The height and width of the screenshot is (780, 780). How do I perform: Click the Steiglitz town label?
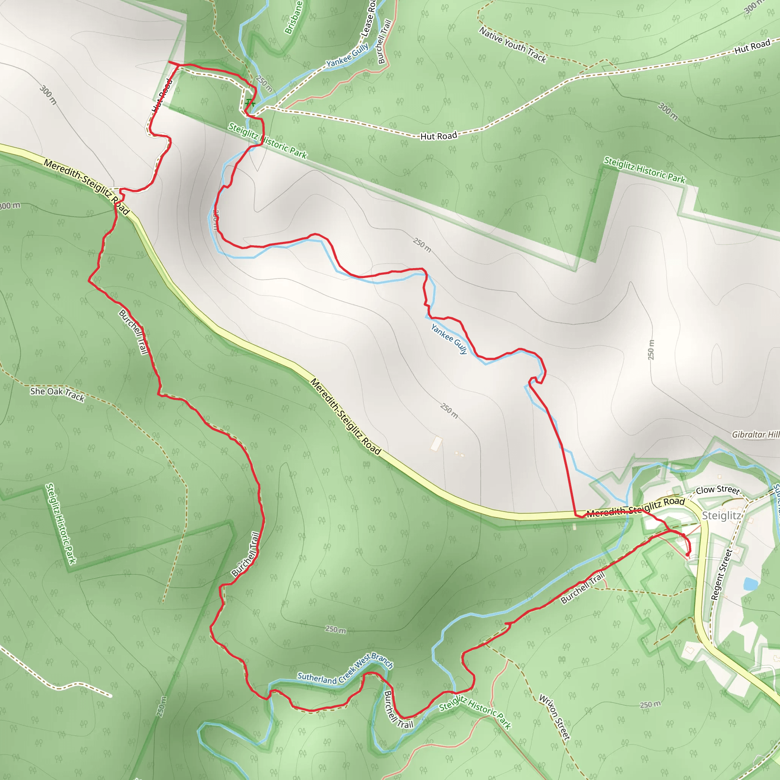click(x=721, y=516)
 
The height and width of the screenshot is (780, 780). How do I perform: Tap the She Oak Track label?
click(x=58, y=394)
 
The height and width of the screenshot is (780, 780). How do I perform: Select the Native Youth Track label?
click(x=513, y=45)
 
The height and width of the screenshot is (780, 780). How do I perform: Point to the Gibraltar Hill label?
click(x=755, y=435)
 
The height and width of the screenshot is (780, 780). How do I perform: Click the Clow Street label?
click(x=718, y=490)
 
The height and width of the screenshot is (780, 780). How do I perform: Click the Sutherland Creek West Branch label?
click(x=345, y=670)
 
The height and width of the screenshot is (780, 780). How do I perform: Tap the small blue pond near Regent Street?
click(x=750, y=583)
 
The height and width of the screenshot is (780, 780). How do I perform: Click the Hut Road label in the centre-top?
click(x=438, y=136)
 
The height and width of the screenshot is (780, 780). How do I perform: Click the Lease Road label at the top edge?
click(x=368, y=18)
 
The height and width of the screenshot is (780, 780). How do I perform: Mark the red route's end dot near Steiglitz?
click(x=687, y=554)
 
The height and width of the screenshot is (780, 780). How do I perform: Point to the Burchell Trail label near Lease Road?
click(x=384, y=42)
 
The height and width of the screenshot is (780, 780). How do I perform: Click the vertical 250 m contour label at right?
click(x=651, y=350)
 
